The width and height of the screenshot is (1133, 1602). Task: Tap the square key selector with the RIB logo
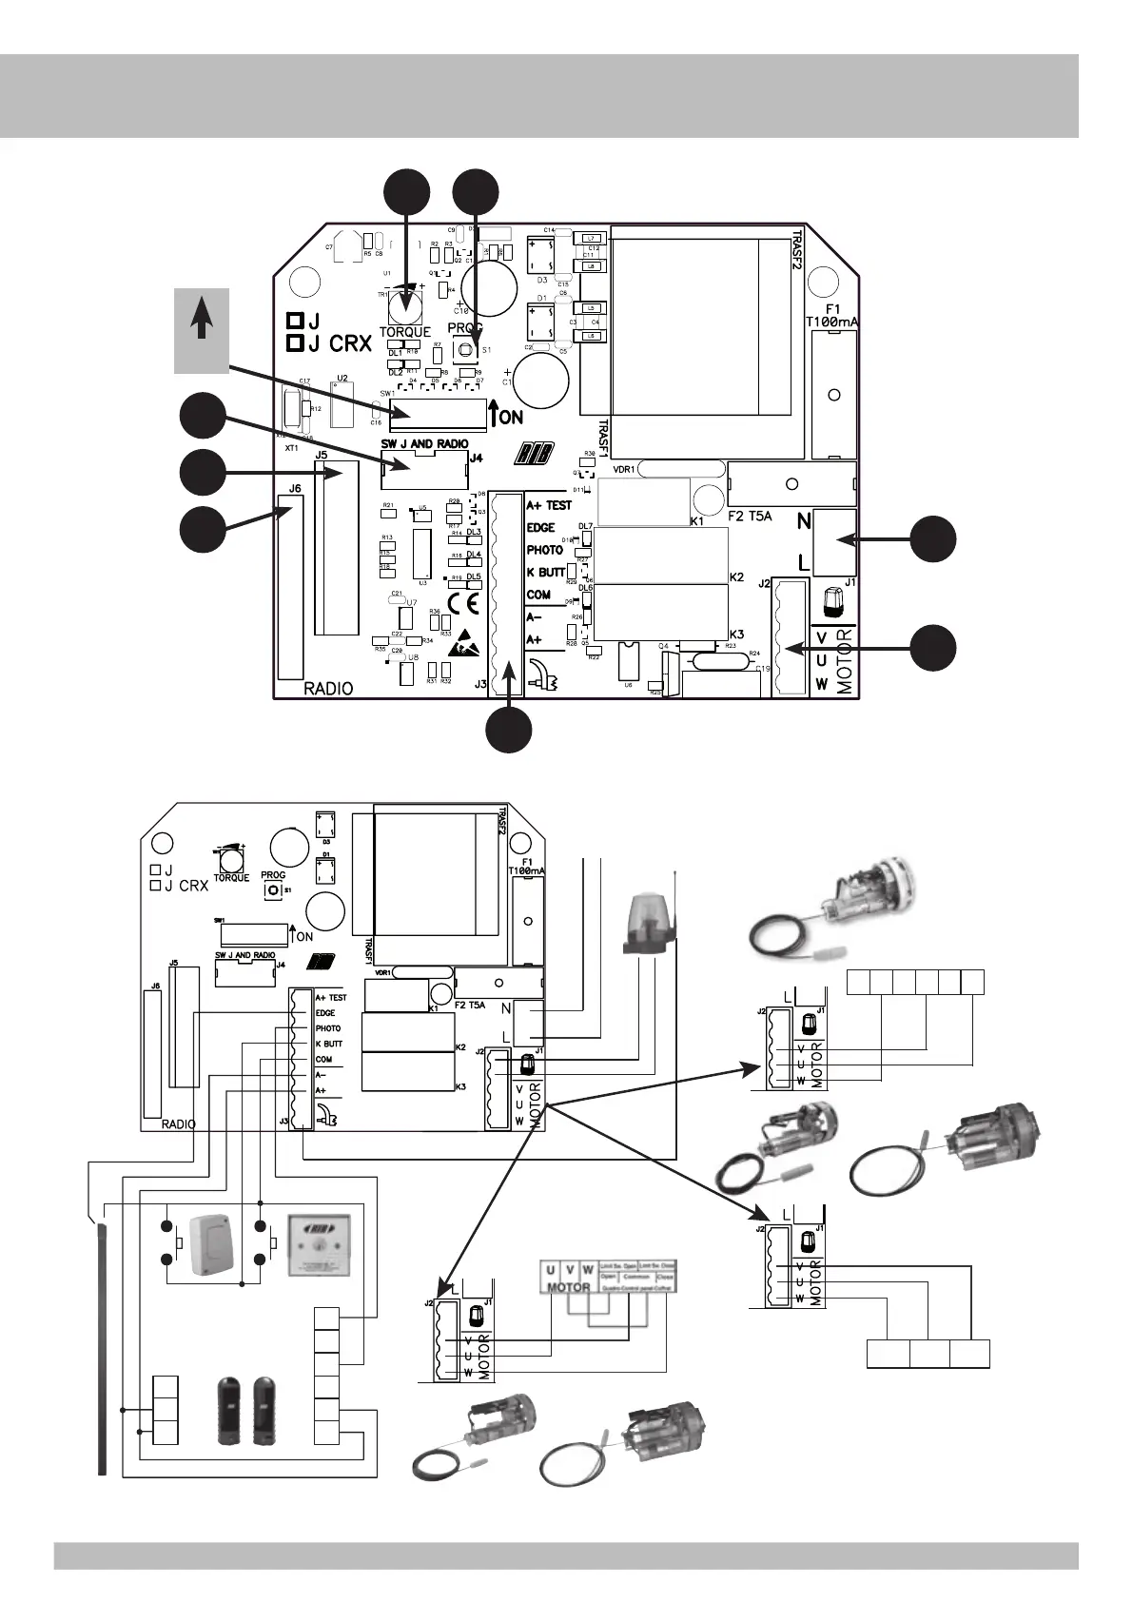point(319,1244)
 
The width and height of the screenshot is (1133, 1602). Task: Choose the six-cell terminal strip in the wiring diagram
point(915,982)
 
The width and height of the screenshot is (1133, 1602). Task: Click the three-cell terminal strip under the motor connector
point(928,1354)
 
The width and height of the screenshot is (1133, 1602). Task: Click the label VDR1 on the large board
point(624,468)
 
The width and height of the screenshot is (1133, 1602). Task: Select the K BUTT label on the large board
point(546,573)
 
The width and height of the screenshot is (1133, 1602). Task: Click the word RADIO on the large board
point(328,689)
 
